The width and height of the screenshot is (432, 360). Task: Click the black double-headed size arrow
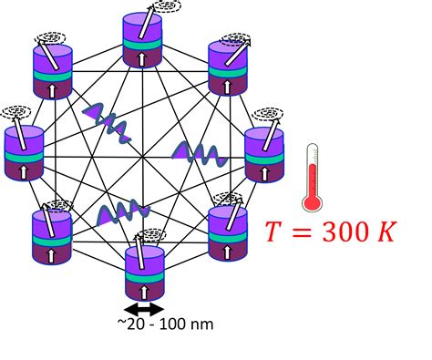point(145,308)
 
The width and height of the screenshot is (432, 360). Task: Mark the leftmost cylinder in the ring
point(25,155)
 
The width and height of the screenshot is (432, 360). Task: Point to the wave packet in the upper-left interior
point(107,118)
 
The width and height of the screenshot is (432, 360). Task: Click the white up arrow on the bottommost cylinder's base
point(144,289)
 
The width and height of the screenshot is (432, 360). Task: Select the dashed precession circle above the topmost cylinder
point(166,7)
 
